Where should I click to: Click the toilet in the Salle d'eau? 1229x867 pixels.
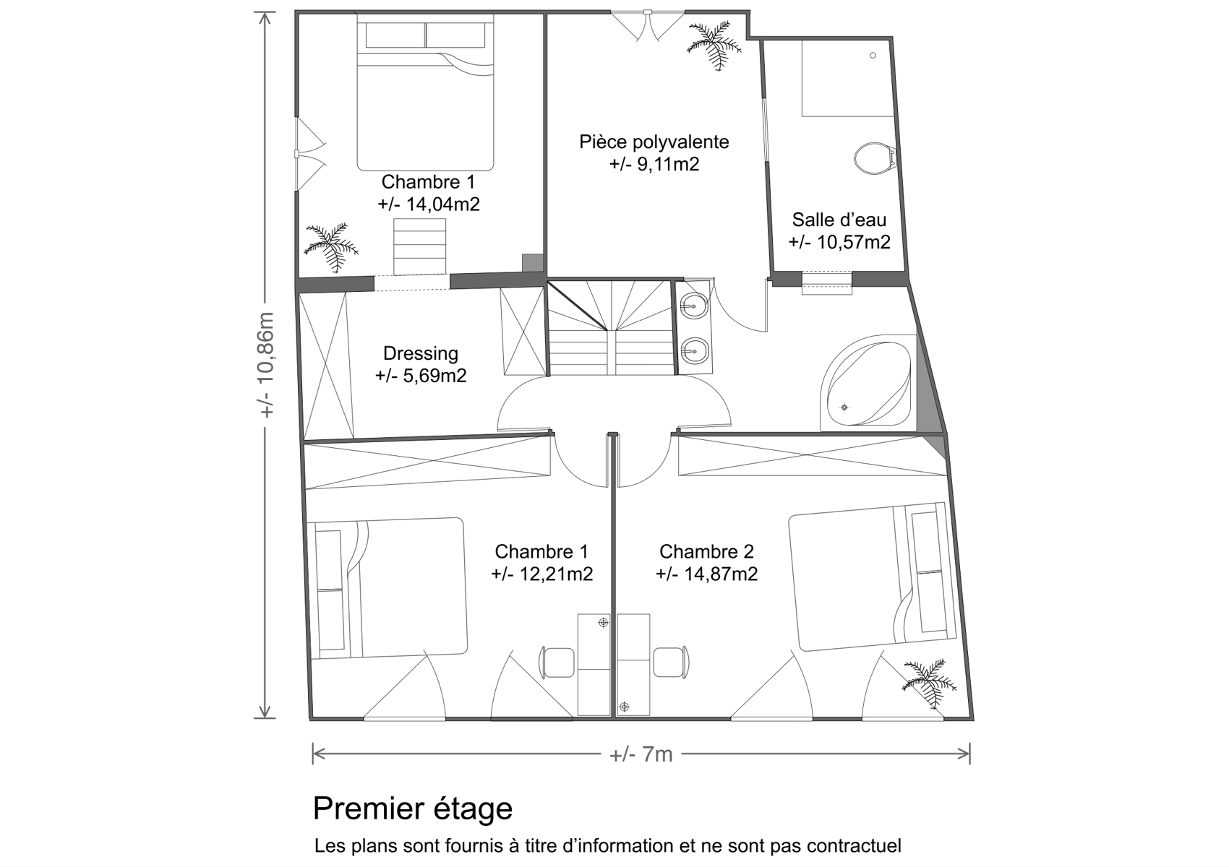[x=875, y=158]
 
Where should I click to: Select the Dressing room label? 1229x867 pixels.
[x=420, y=353]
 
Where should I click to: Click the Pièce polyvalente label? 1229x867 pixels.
[x=654, y=142]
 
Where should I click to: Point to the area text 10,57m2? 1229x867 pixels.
[x=853, y=242]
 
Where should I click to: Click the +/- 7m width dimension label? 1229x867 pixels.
[x=641, y=754]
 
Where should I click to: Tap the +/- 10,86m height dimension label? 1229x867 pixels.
[x=266, y=366]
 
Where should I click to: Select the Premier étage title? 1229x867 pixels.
[x=413, y=808]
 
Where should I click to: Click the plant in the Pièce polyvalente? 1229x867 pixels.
[x=714, y=45]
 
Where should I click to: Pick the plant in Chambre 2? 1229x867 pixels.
[x=929, y=683]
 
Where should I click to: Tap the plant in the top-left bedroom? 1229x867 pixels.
[x=331, y=247]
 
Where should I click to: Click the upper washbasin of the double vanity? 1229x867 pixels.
[x=694, y=306]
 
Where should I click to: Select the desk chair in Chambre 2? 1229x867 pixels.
[x=671, y=662]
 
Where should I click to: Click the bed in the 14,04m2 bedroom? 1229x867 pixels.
[x=425, y=92]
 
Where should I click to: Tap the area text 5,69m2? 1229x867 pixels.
[x=435, y=376]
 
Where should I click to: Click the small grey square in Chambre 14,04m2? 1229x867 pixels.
[x=532, y=263]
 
